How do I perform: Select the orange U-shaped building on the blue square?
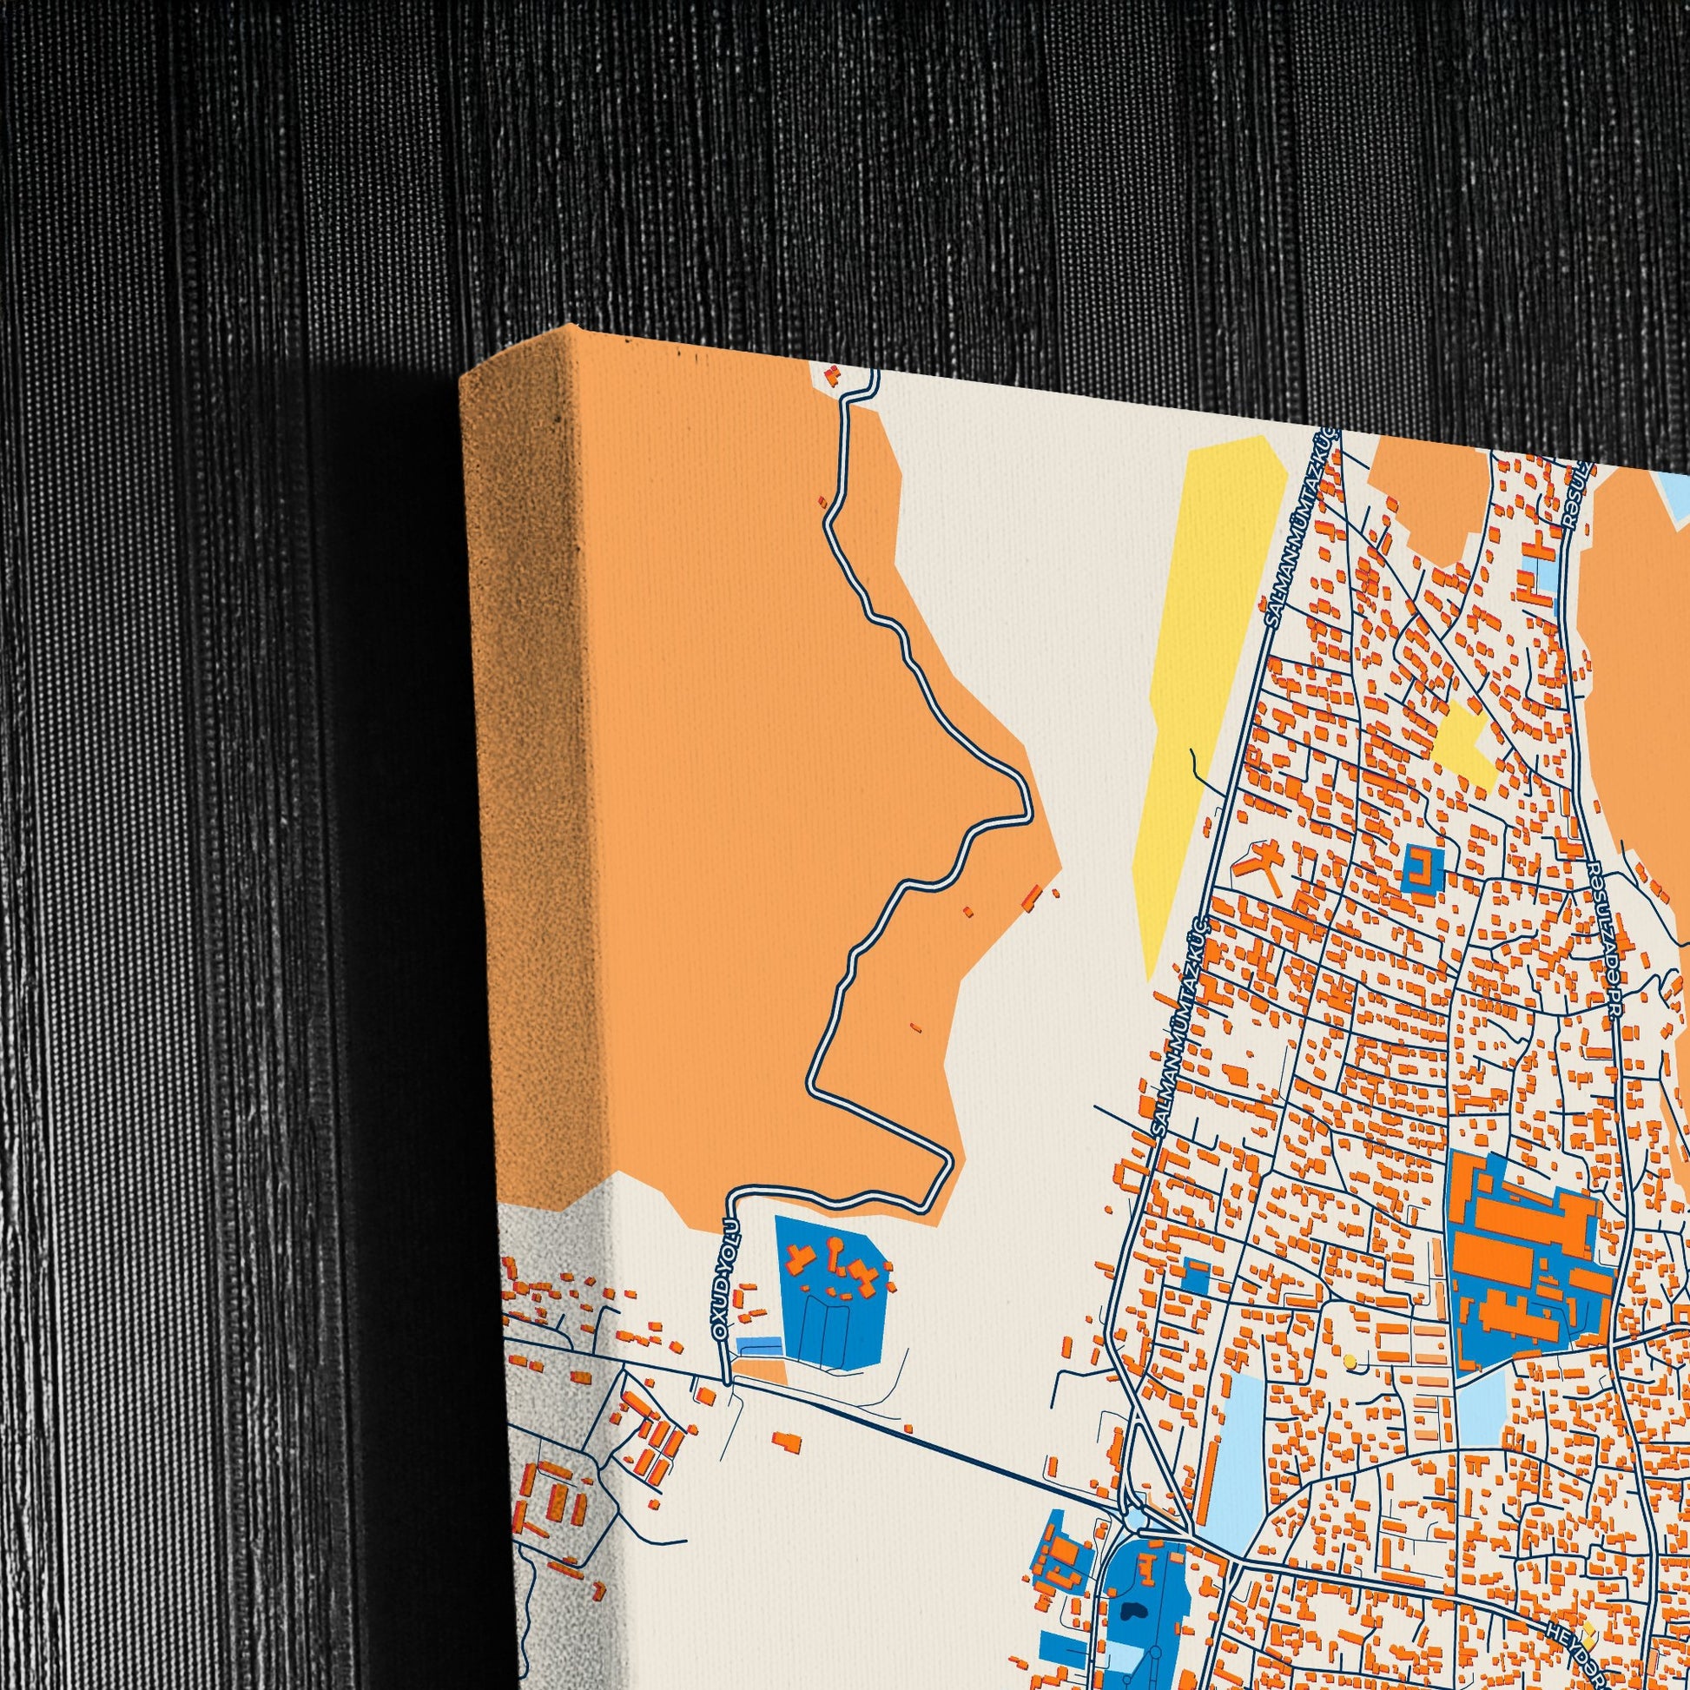[1423, 868]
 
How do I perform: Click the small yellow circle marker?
[1350, 1361]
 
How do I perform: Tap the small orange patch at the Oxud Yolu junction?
[760, 1372]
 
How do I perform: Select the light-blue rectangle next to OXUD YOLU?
[759, 1343]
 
